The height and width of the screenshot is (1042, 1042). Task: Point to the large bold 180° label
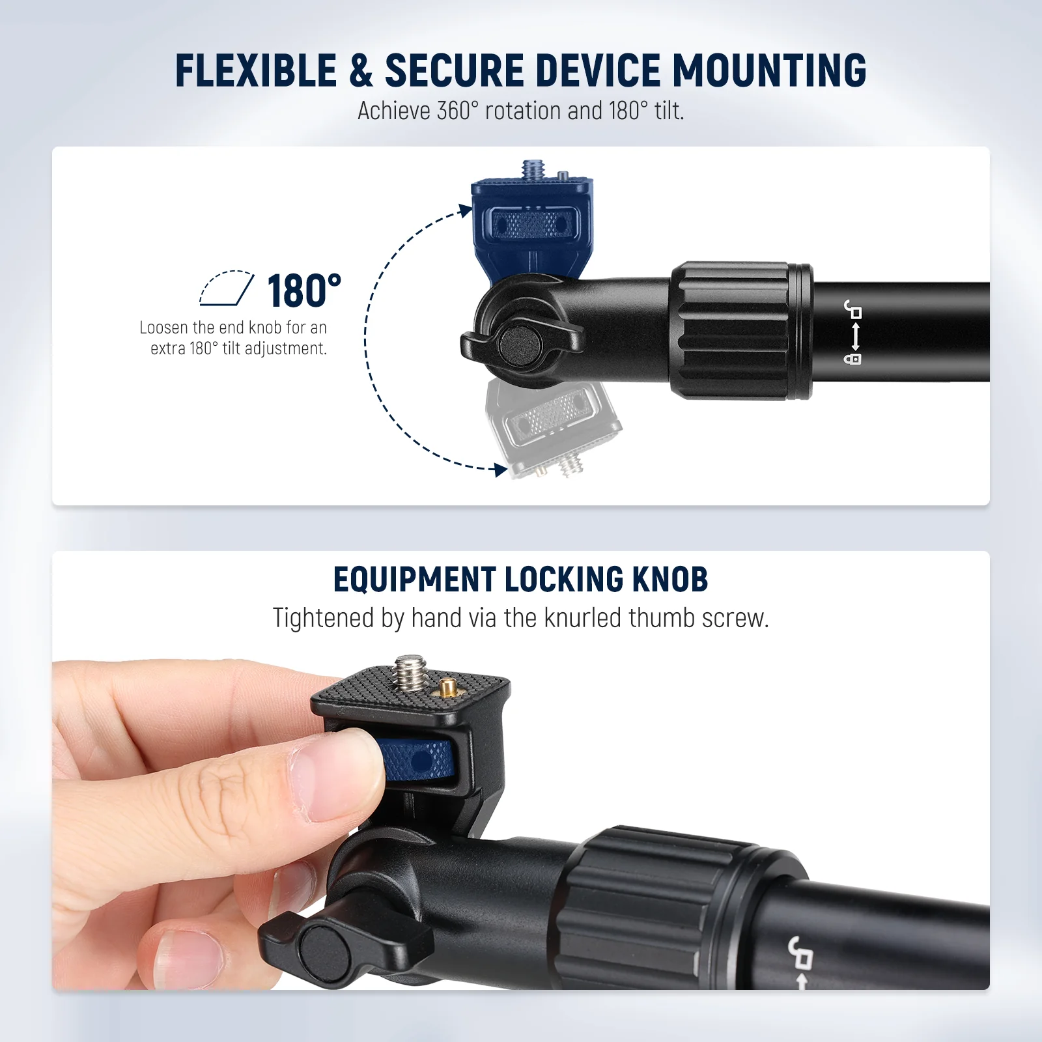[x=304, y=290]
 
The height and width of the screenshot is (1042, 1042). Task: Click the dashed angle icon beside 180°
[x=226, y=288]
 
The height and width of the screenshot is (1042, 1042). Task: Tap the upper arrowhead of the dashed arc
[x=465, y=210]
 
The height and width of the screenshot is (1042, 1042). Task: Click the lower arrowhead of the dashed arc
[x=500, y=470]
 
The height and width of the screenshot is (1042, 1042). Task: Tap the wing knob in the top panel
[x=522, y=342]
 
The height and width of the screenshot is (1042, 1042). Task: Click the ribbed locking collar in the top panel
[x=741, y=331]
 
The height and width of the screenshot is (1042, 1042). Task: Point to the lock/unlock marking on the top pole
[x=853, y=332]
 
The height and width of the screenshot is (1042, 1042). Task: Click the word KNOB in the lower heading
[x=670, y=579]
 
